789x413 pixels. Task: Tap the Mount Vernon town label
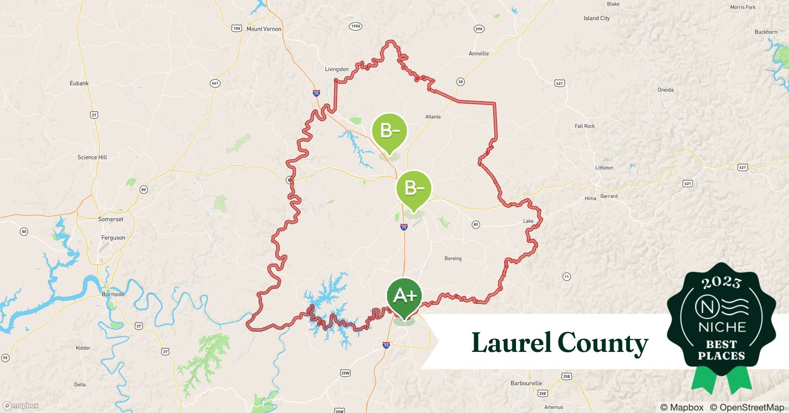pyautogui.click(x=264, y=29)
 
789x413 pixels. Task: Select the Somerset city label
pyautogui.click(x=111, y=219)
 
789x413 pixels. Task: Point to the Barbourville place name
pyautogui.click(x=526, y=383)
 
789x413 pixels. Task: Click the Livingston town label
pyautogui.click(x=337, y=69)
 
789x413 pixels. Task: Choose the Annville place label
pyautogui.click(x=479, y=54)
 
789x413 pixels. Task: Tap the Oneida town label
pyautogui.click(x=665, y=90)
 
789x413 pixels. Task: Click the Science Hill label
pyautogui.click(x=92, y=157)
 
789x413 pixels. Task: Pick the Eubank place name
pyautogui.click(x=79, y=83)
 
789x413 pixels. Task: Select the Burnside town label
pyautogui.click(x=113, y=294)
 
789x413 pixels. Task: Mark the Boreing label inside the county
pyautogui.click(x=453, y=259)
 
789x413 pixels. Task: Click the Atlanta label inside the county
pyautogui.click(x=433, y=117)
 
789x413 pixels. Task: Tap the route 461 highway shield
pyautogui.click(x=215, y=83)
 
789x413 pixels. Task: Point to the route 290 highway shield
pyautogui.click(x=479, y=29)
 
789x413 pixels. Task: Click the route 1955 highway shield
pyautogui.click(x=355, y=26)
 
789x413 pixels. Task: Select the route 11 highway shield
pyautogui.click(x=566, y=277)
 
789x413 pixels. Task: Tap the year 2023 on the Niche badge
pyautogui.click(x=721, y=283)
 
